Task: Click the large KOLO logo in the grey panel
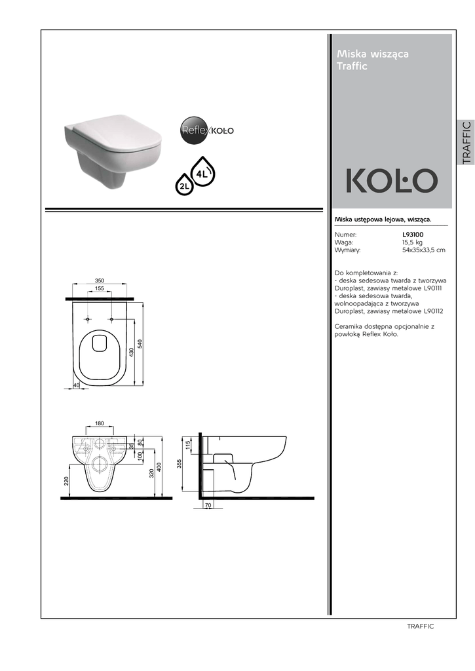click(x=392, y=181)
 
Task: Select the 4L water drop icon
click(x=202, y=171)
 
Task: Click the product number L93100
click(x=413, y=235)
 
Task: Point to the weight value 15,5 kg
click(x=412, y=242)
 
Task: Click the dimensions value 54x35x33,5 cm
click(x=424, y=250)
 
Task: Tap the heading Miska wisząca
click(x=373, y=54)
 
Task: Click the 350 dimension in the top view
click(x=100, y=280)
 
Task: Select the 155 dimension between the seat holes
click(x=100, y=288)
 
